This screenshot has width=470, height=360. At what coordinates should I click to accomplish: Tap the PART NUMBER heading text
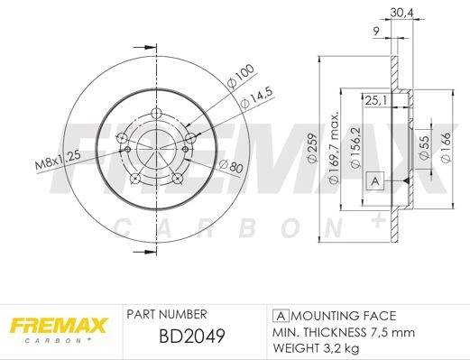(167, 314)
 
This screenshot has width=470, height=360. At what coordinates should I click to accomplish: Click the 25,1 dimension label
(375, 100)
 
